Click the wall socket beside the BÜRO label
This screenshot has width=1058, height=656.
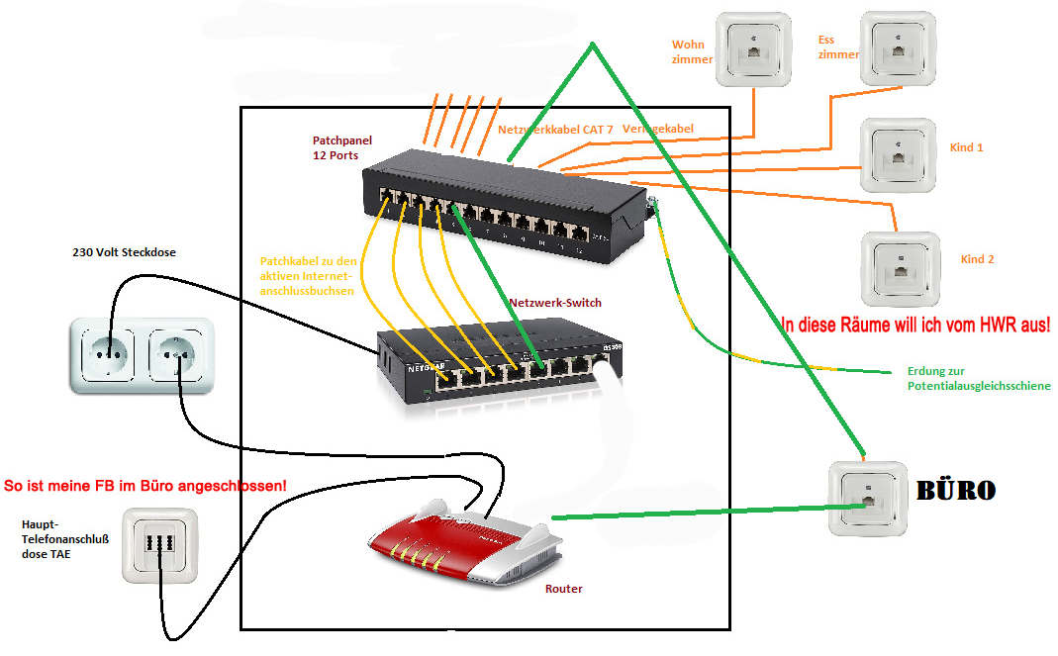[x=867, y=499]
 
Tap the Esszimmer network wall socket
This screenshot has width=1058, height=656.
[x=899, y=47]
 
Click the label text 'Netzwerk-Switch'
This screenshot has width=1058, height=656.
[x=555, y=302]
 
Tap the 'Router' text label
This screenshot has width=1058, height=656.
[x=564, y=589]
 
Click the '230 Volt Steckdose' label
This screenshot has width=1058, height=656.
[x=124, y=252]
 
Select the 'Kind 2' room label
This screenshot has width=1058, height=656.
[x=977, y=259]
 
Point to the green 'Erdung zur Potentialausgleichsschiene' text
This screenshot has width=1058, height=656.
[x=978, y=378]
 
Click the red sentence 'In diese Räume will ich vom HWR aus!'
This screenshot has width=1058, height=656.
[x=915, y=324]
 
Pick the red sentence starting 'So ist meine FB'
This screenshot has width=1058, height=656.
[x=145, y=487]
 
